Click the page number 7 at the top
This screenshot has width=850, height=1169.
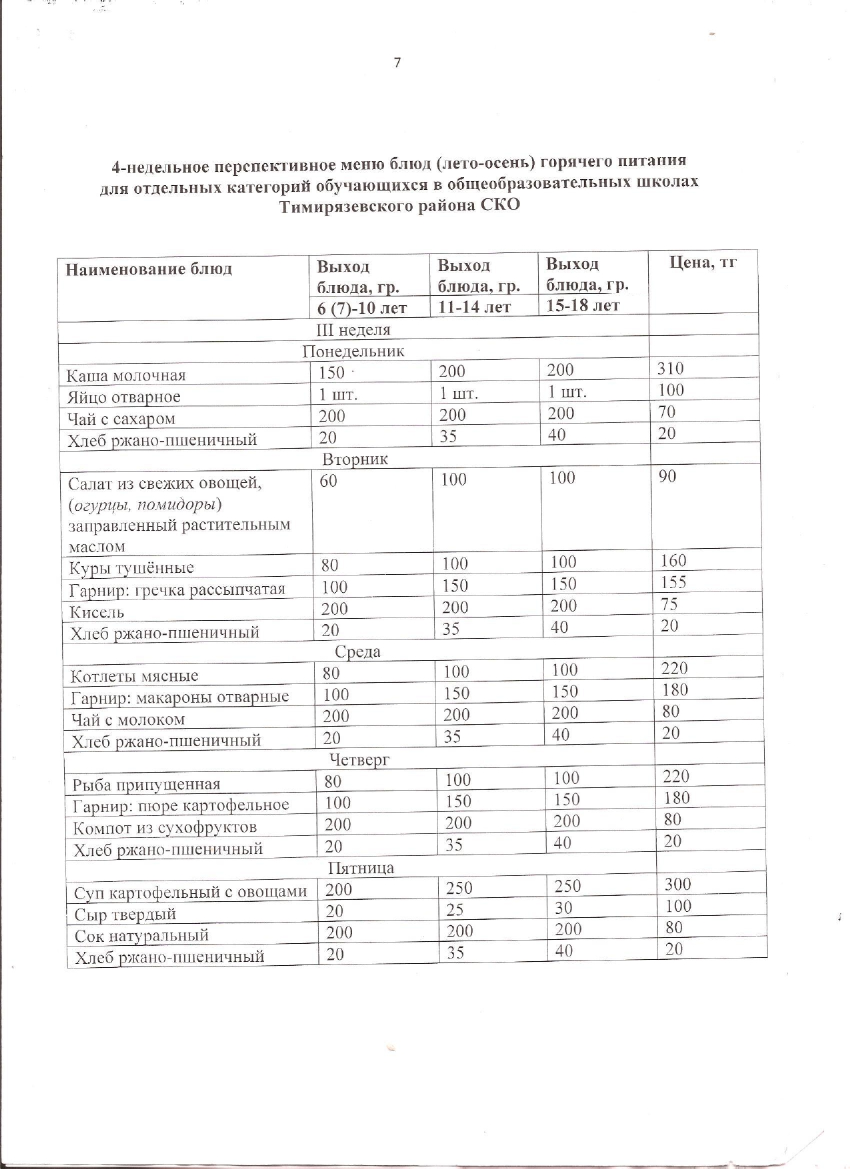(x=397, y=63)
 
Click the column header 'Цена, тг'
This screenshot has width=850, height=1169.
(x=703, y=262)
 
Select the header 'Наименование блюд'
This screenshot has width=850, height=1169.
(x=148, y=269)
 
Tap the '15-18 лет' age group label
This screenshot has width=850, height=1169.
(x=583, y=306)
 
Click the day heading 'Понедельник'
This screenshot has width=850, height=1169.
(x=353, y=351)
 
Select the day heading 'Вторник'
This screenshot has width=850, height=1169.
(x=355, y=460)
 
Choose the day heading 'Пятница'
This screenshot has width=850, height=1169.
(x=361, y=868)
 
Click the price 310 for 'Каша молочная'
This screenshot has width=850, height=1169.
(x=670, y=368)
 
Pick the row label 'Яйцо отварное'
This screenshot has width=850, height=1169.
(x=123, y=398)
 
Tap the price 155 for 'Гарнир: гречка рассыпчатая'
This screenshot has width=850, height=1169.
(x=673, y=582)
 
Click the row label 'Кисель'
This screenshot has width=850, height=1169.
(x=97, y=611)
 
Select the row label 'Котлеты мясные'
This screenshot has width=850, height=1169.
(x=135, y=676)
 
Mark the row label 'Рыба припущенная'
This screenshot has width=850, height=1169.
(x=146, y=785)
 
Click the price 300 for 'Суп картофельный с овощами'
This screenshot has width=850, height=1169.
(x=678, y=884)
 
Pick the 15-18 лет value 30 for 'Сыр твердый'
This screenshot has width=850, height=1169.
(x=563, y=908)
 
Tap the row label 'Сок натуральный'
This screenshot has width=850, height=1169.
(x=141, y=936)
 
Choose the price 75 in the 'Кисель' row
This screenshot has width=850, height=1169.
(x=669, y=603)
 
